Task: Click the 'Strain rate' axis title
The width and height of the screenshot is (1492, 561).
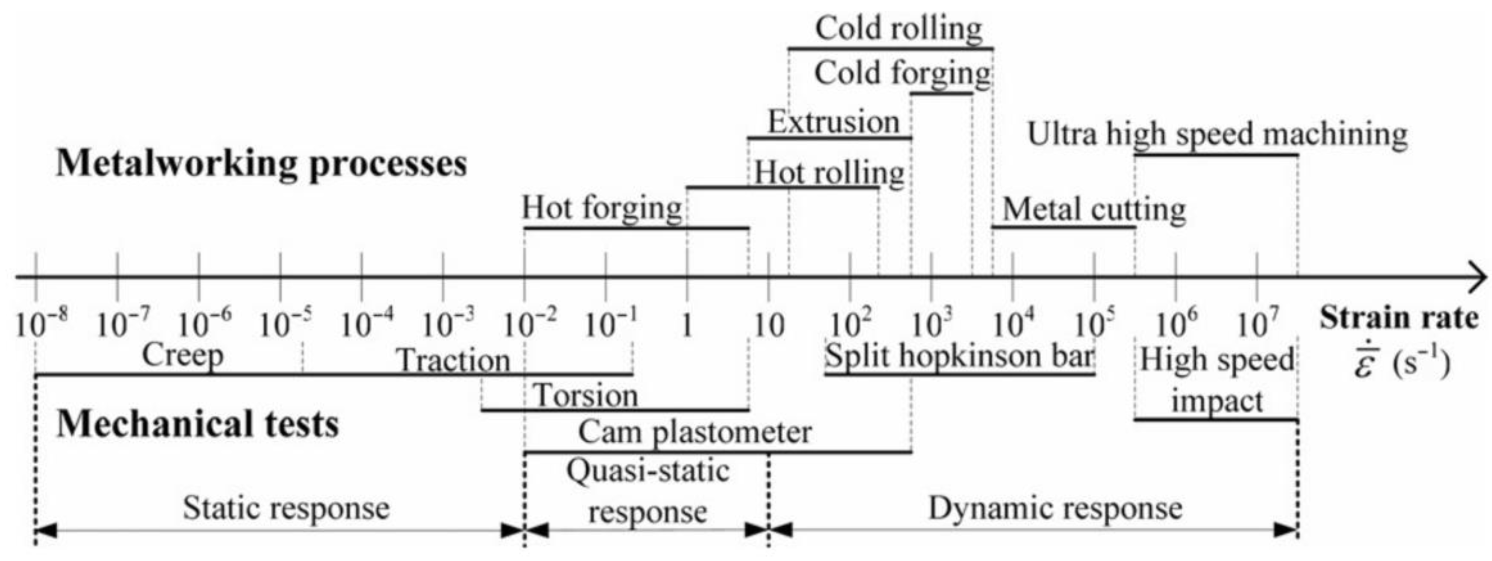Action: point(1399,319)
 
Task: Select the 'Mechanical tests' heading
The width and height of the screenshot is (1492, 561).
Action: point(198,424)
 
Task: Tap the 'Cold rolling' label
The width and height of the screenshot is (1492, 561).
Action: point(898,28)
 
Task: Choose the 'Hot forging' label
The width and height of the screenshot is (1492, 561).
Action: point(602,208)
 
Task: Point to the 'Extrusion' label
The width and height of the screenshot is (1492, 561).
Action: point(833,122)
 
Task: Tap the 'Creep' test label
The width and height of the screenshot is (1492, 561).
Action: point(183,355)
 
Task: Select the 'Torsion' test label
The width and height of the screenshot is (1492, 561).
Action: point(585,396)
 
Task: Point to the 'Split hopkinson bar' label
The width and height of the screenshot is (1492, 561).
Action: point(959,355)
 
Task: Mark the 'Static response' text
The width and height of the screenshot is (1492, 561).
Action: point(286,508)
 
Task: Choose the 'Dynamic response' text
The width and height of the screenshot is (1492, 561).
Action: point(1055,508)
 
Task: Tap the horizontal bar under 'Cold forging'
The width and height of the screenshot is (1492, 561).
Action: point(941,93)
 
